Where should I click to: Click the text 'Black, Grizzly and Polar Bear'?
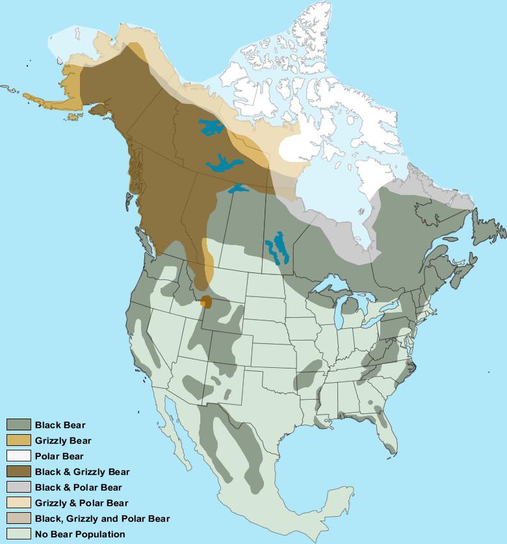(102, 519)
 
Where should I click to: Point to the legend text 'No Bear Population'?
(80, 534)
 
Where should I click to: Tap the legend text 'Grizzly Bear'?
(63, 441)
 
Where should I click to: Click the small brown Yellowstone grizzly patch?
(206, 302)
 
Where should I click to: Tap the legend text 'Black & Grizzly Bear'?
(82, 472)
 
